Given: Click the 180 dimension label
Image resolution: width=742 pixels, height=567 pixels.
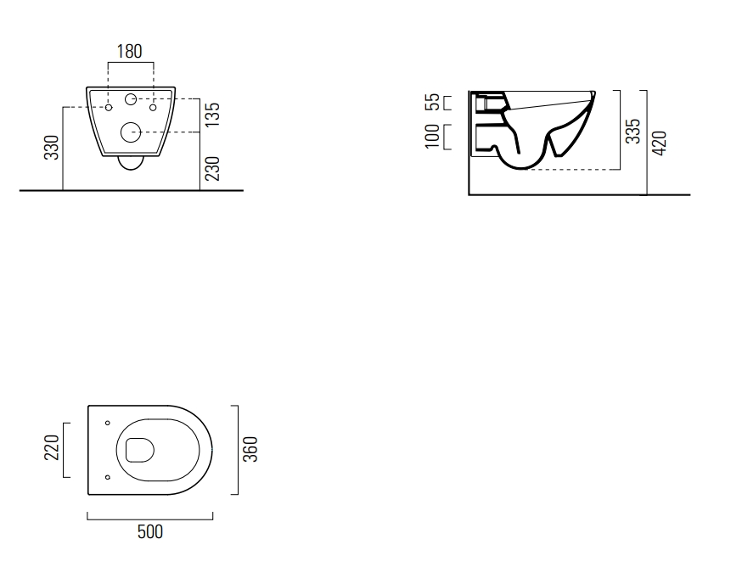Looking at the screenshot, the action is click(x=129, y=51).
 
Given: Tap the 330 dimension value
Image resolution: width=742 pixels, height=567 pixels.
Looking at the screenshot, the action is click(x=52, y=148).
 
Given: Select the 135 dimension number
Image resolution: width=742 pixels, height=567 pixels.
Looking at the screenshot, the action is click(x=213, y=115).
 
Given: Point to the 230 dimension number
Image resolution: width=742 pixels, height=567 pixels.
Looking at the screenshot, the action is click(x=213, y=169).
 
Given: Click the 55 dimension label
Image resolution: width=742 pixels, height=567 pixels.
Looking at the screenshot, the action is click(x=433, y=102).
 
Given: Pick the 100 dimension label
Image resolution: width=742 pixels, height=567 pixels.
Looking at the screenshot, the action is click(x=432, y=137).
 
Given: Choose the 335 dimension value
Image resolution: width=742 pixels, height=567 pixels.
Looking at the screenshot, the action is click(x=633, y=131).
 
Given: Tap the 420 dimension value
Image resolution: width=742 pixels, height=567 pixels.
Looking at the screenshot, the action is click(x=660, y=143).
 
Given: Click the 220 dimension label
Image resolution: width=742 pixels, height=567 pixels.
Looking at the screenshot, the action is click(x=52, y=447).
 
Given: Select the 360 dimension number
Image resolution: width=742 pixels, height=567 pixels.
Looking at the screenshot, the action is click(x=250, y=449).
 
